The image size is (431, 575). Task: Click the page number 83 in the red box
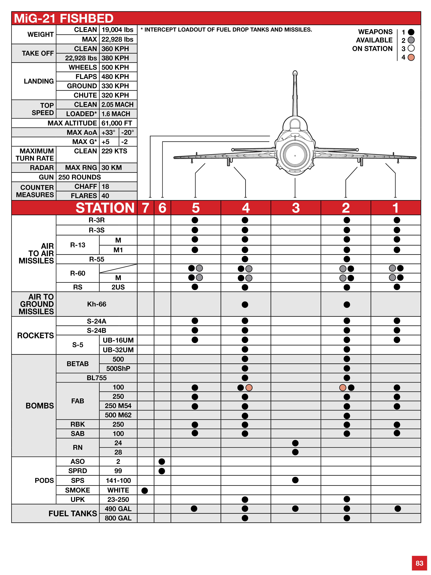coord(419,563)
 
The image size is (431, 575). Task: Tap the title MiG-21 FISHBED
coord(64,18)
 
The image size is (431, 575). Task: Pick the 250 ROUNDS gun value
coord(79,177)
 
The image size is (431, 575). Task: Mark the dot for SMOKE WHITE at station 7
coord(145,491)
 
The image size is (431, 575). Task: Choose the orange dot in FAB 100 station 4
coord(249,388)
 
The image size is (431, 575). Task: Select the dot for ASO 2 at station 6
coord(162,461)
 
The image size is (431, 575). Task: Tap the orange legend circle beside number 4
coord(411,57)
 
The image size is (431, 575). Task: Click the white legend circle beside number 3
coord(411,48)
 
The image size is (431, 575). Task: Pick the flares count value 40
coord(105,196)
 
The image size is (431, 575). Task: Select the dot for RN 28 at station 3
coord(295,452)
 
